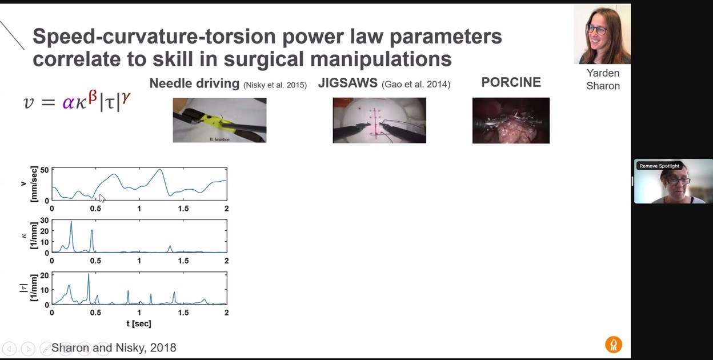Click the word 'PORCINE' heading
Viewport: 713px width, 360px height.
511,82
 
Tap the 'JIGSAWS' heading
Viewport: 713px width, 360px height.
347,83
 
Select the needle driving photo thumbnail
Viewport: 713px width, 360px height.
219,120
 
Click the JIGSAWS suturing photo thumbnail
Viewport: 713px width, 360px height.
379,121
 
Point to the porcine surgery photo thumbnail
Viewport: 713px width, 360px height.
511,121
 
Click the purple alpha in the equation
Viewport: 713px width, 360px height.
69,102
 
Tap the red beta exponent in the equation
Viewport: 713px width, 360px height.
93,97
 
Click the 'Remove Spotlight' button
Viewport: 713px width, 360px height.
659,166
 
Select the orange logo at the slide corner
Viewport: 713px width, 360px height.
614,345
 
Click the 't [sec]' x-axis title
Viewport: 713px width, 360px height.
139,323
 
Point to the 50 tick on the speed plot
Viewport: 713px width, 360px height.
45,170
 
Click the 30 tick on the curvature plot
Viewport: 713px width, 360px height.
45,220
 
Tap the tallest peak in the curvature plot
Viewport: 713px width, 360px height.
71,222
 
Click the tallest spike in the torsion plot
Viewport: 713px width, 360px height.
89,274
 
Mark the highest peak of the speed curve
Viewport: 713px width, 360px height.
160,170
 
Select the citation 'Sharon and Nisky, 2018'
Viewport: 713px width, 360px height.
114,347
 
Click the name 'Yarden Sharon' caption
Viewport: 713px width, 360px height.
603,79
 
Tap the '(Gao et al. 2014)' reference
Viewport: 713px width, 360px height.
416,85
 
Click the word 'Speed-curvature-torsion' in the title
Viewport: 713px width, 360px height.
154,37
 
